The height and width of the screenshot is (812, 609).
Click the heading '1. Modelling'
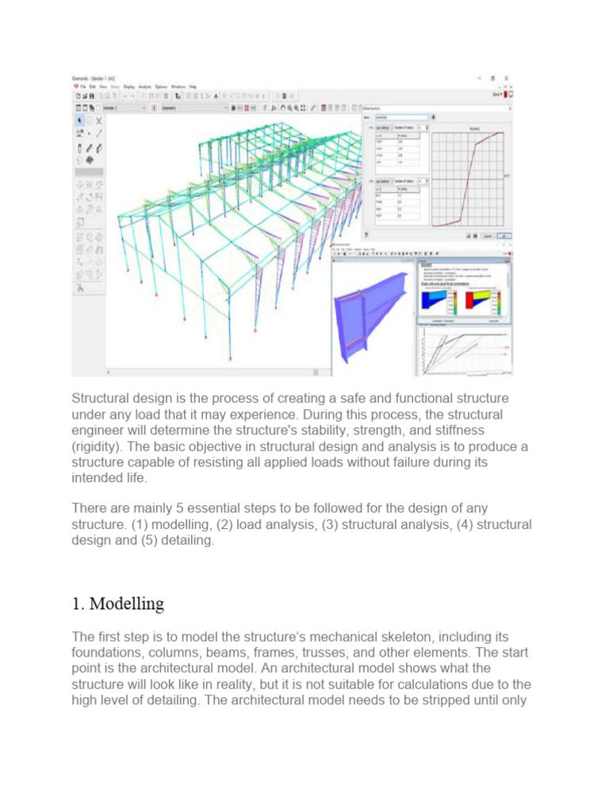tap(118, 603)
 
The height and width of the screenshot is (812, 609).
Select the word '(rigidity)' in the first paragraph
tap(98, 447)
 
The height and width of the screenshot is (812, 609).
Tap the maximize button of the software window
tap(492, 79)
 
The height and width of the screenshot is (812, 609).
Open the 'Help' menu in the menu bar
tap(193, 86)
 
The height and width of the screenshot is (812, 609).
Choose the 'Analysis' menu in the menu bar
tap(145, 86)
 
